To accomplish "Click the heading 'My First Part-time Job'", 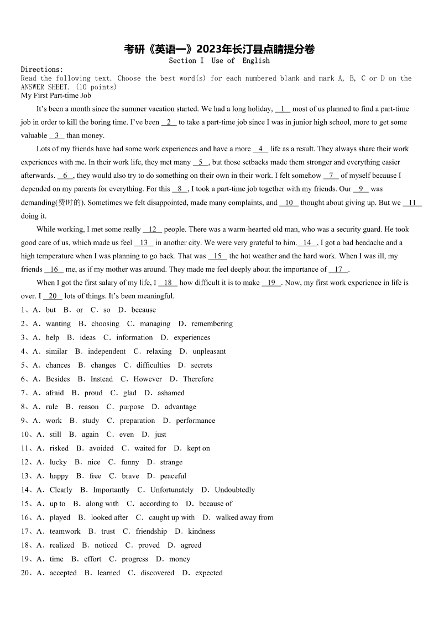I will pos(56,96).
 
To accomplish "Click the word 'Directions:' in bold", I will pos(42,70).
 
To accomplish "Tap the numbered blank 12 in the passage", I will pos(152,230).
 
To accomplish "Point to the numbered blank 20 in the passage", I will pos(53,296).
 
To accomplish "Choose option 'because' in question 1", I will pos(144,310).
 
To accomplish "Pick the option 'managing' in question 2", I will pos(155,324).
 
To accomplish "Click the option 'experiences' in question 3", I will pos(192,338).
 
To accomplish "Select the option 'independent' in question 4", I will pos(107,352).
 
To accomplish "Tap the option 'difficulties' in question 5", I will pos(153,365).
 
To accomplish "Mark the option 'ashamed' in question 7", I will pos(171,393).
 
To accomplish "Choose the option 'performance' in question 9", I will pos(196,421).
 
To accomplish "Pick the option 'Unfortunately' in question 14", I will pos(172,490).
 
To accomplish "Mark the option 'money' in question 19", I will pos(180,559).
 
